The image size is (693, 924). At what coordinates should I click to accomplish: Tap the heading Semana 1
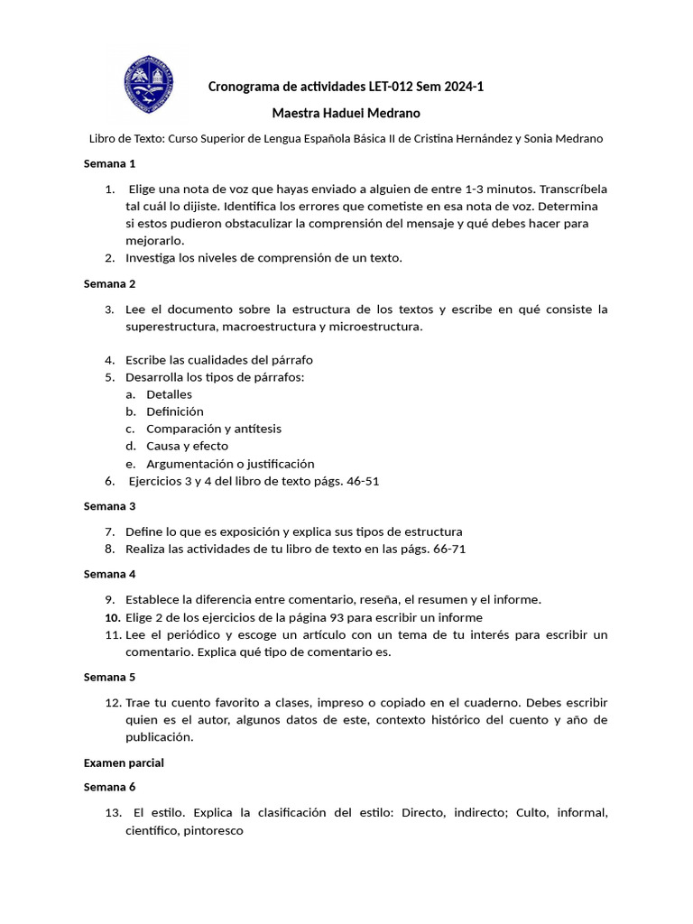[109, 163]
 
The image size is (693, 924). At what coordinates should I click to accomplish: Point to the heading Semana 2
[109, 283]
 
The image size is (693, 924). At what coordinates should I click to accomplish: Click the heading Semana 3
[109, 506]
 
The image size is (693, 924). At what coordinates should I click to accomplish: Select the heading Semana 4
[109, 574]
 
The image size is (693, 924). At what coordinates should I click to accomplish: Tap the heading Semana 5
[109, 677]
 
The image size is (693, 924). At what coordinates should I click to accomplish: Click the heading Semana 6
[109, 787]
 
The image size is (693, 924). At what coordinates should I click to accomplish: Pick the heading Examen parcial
[124, 762]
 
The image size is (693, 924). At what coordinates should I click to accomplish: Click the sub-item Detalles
[169, 394]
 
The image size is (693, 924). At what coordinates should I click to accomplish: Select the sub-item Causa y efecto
[187, 446]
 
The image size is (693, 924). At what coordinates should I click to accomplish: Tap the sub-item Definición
[174, 411]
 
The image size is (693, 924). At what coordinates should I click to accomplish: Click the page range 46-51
[360, 481]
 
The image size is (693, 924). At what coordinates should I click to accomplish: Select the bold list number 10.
[112, 617]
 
